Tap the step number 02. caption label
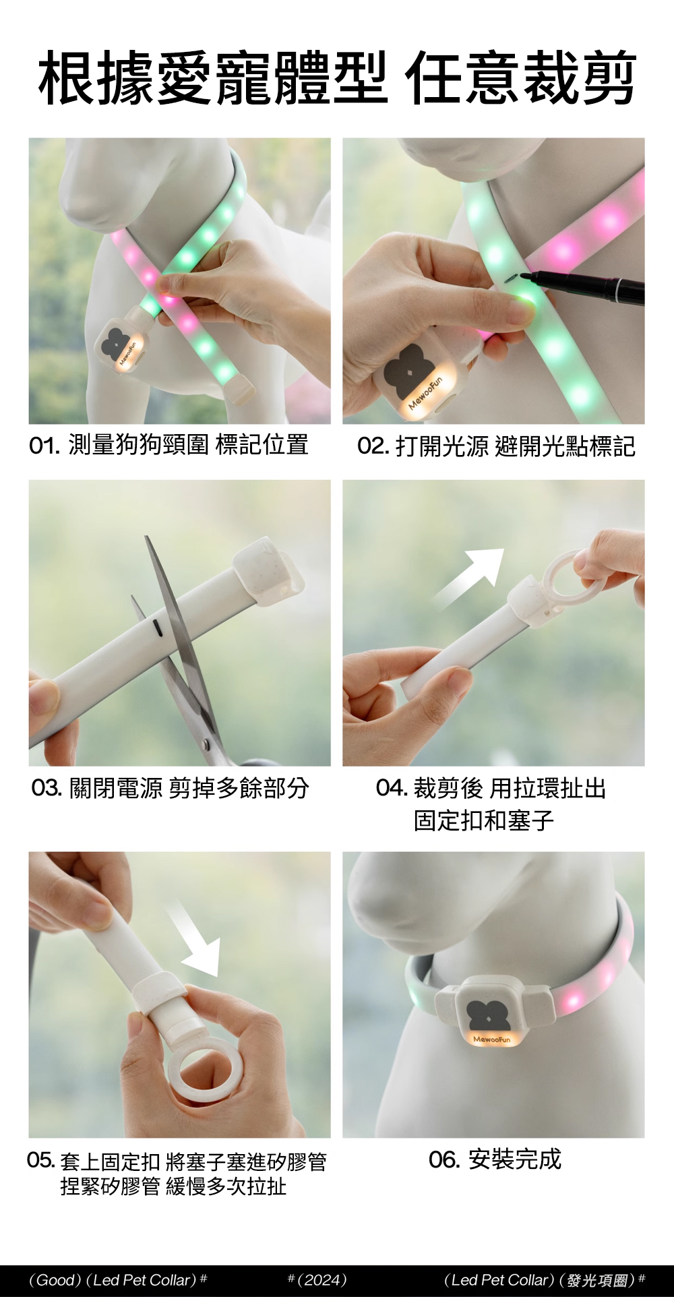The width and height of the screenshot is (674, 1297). pos(373,446)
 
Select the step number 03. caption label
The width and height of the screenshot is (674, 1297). pos(47,787)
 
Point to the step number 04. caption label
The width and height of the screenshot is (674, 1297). pos(392,787)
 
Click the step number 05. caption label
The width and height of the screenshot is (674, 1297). pos(40,1160)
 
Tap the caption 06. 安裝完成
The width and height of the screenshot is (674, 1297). pos(495,1159)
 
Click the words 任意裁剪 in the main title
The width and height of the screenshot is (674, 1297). pos(520,79)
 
